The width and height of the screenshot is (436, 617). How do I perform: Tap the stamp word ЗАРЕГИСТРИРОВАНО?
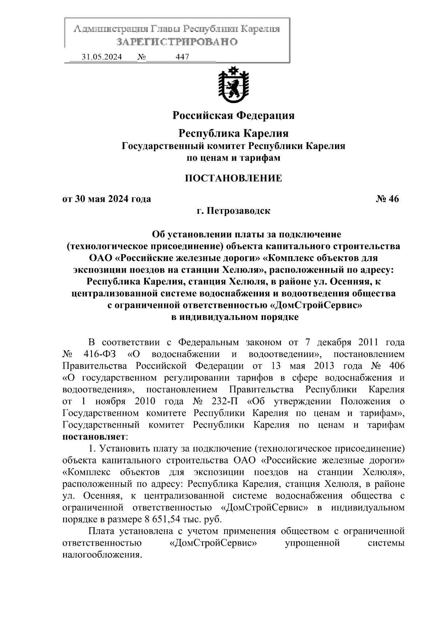(177, 42)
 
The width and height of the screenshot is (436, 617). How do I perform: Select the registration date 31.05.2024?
(102, 57)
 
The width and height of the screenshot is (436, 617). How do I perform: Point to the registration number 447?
(182, 57)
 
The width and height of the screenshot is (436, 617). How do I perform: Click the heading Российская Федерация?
(233, 116)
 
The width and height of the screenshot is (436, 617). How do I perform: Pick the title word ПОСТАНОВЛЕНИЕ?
(233, 178)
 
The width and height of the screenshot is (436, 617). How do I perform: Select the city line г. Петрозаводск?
(233, 211)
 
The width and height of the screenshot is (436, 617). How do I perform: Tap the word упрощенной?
(312, 543)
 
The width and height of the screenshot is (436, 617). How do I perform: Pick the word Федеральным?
(209, 342)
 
